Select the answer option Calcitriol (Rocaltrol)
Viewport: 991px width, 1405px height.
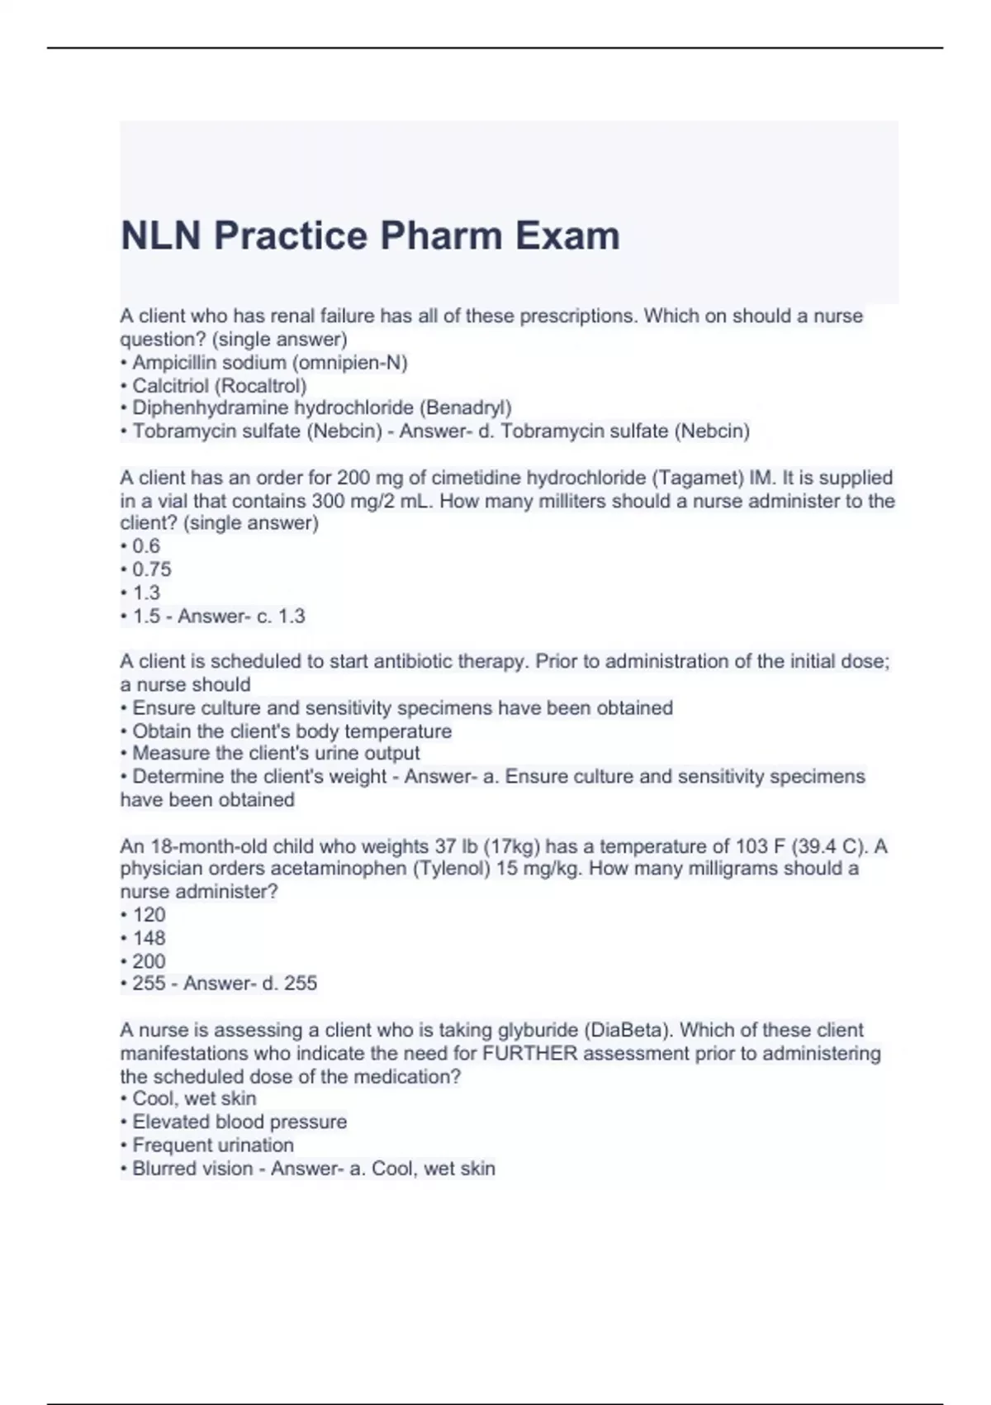pyautogui.click(x=220, y=385)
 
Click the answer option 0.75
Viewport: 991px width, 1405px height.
pyautogui.click(x=152, y=569)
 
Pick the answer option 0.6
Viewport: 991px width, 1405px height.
pyautogui.click(x=146, y=546)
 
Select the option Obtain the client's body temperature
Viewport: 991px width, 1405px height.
pyautogui.click(x=292, y=731)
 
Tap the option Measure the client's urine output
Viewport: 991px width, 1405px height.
pyautogui.click(x=276, y=753)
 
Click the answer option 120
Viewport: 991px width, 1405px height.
pyautogui.click(x=149, y=915)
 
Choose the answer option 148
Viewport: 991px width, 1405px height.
pyautogui.click(x=149, y=938)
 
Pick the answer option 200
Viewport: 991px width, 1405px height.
pyautogui.click(x=149, y=961)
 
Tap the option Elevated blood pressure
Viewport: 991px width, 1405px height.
pyautogui.click(x=239, y=1122)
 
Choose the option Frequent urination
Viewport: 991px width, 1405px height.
pyautogui.click(x=213, y=1145)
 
